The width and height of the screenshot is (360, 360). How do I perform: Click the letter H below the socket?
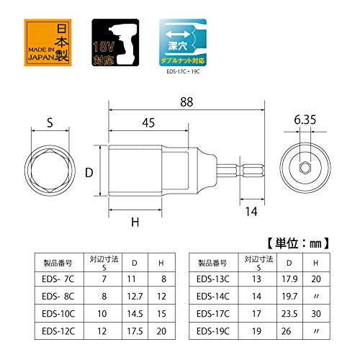(x=134, y=222)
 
